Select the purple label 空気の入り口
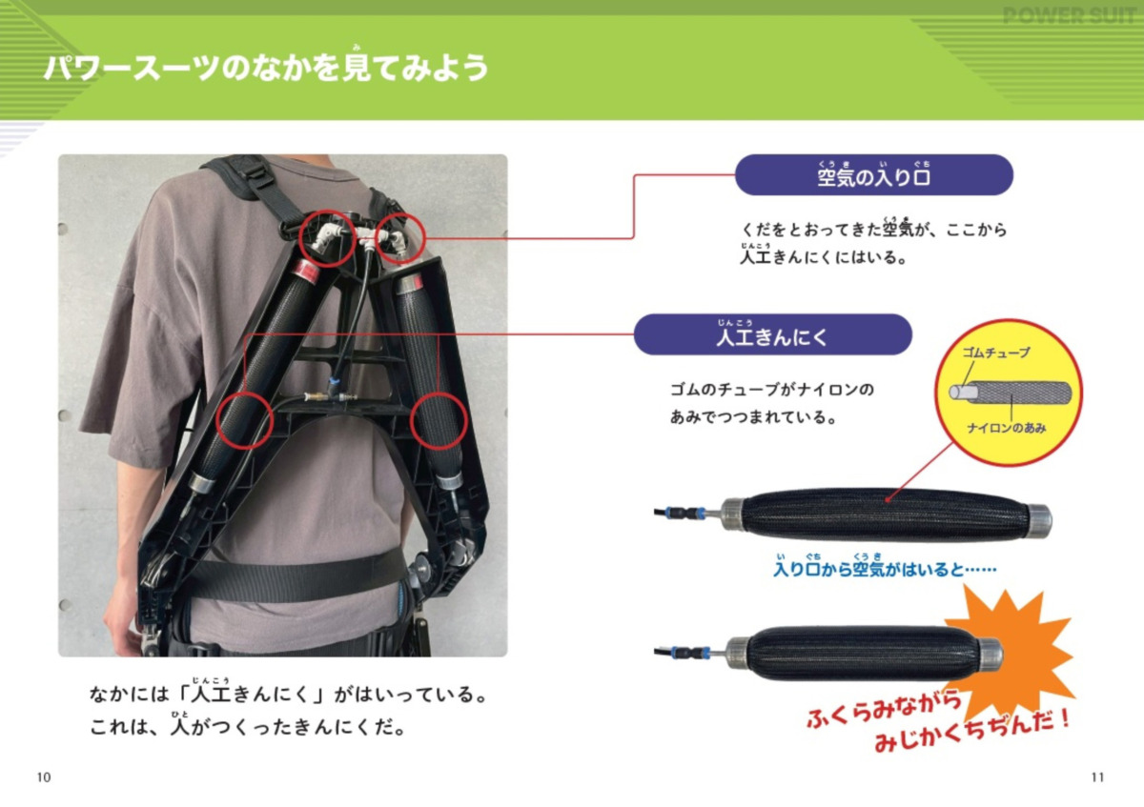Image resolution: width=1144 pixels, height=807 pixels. [873, 176]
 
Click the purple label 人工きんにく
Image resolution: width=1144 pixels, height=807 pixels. [772, 335]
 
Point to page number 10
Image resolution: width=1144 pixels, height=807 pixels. [43, 777]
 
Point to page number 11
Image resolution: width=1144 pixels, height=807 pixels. [1097, 777]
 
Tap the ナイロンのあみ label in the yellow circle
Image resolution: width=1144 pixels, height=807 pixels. [1006, 429]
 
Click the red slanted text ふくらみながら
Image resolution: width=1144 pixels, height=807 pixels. [882, 710]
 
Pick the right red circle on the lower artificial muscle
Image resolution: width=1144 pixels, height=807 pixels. [439, 420]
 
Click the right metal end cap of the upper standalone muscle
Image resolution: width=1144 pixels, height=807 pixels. [1039, 520]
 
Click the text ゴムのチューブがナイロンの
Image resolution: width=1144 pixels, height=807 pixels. [772, 391]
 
